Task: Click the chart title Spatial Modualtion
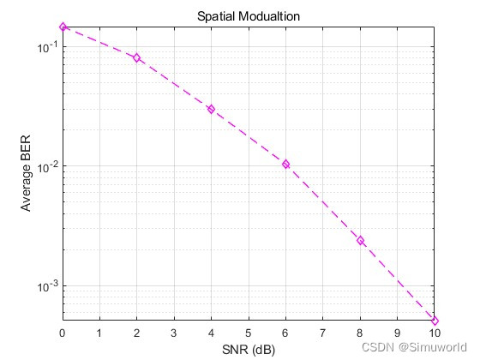(249, 16)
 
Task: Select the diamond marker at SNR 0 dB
(63, 27)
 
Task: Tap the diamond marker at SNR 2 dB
(137, 57)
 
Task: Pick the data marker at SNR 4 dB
(211, 109)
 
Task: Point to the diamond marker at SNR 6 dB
(285, 164)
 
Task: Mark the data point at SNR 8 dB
(360, 240)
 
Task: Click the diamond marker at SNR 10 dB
(435, 321)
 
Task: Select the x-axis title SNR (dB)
(249, 349)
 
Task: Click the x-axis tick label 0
(63, 332)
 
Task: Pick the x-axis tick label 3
(174, 332)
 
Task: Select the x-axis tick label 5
(249, 332)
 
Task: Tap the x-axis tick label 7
(323, 332)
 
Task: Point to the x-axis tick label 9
(397, 332)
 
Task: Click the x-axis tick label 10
(435, 332)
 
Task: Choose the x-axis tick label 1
(99, 332)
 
